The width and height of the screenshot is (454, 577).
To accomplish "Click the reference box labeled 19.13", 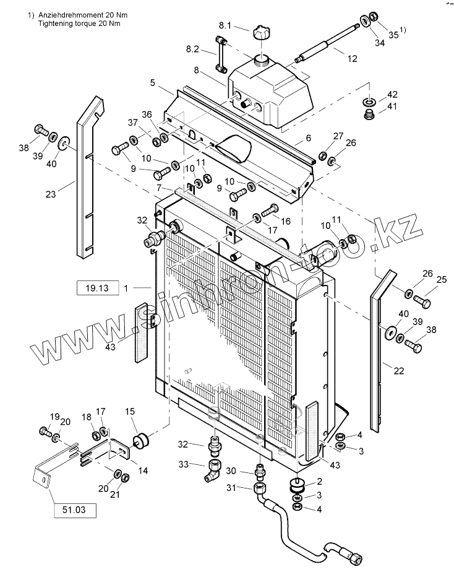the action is [x=97, y=288].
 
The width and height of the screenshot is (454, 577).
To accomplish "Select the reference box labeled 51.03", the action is [x=75, y=510].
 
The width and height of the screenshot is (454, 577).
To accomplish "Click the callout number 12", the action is [x=352, y=59].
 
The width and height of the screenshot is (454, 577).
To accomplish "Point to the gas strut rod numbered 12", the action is [x=328, y=41].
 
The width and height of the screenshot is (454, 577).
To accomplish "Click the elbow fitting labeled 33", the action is [x=213, y=469].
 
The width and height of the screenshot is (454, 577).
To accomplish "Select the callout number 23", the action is [x=51, y=194].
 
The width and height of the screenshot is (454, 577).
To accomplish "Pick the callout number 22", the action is [x=399, y=371].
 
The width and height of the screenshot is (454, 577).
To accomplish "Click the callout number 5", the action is [x=153, y=83].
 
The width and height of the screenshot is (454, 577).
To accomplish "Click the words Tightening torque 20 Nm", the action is [x=79, y=24].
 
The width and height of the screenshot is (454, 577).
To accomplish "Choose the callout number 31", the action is [x=231, y=488].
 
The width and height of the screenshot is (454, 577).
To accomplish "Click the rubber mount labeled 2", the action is [x=296, y=485].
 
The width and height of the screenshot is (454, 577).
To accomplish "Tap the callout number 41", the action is [x=392, y=106].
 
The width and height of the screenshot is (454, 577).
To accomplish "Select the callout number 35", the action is [x=393, y=35].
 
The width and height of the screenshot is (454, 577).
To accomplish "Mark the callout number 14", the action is [x=143, y=471].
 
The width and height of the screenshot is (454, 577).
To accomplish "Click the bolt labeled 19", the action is [x=45, y=431].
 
